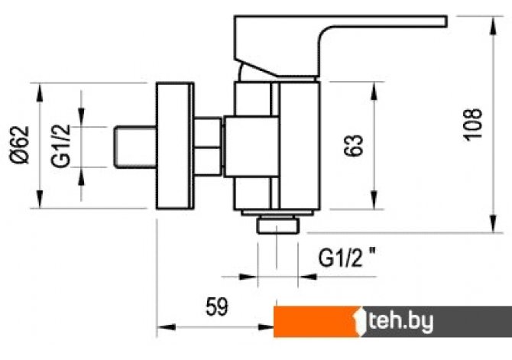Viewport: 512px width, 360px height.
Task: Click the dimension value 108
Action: click(473, 125)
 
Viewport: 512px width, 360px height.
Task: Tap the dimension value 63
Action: click(353, 145)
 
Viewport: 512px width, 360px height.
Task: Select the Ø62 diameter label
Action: click(20, 144)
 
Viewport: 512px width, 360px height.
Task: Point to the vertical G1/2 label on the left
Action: click(61, 146)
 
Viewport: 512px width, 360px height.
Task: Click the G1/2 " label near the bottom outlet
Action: click(346, 257)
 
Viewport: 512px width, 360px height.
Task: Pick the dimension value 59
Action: click(217, 306)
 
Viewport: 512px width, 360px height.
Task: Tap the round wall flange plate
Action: click(175, 146)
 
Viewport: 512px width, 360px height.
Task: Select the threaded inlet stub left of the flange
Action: click(134, 148)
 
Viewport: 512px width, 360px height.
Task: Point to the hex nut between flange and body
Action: click(209, 146)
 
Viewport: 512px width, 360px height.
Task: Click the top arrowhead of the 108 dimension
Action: click(494, 25)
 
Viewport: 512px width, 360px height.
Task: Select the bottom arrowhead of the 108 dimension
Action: click(494, 223)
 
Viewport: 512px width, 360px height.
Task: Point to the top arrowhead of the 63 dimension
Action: click(374, 91)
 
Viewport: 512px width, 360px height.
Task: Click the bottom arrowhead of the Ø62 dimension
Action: click(40, 199)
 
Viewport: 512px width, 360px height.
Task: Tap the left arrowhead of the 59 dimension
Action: click(167, 327)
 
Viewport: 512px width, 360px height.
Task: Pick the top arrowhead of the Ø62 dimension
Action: click(40, 92)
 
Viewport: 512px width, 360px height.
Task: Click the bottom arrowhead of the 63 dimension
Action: click(374, 199)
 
